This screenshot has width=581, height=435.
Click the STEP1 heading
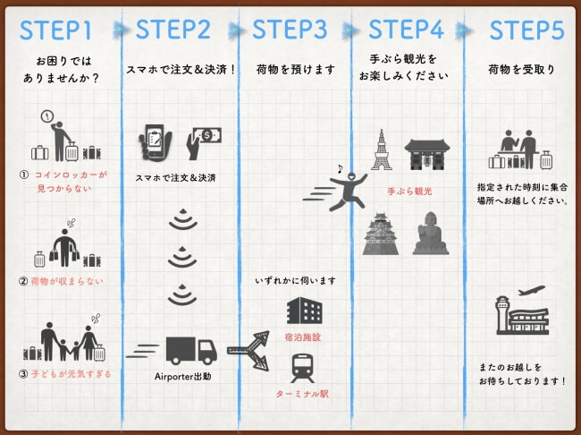point(56,29)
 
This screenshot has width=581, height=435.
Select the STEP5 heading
point(526,30)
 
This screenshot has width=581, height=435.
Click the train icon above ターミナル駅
point(301,368)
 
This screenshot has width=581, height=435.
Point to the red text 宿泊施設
point(302,338)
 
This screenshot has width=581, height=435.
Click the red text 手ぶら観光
point(409,191)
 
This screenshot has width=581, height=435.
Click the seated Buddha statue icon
point(431,235)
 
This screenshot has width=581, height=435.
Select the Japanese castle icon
point(382,235)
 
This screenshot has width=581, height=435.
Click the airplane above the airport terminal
point(530,294)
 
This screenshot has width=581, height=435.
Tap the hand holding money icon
point(204,141)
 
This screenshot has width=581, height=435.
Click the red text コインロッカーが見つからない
point(66,182)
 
